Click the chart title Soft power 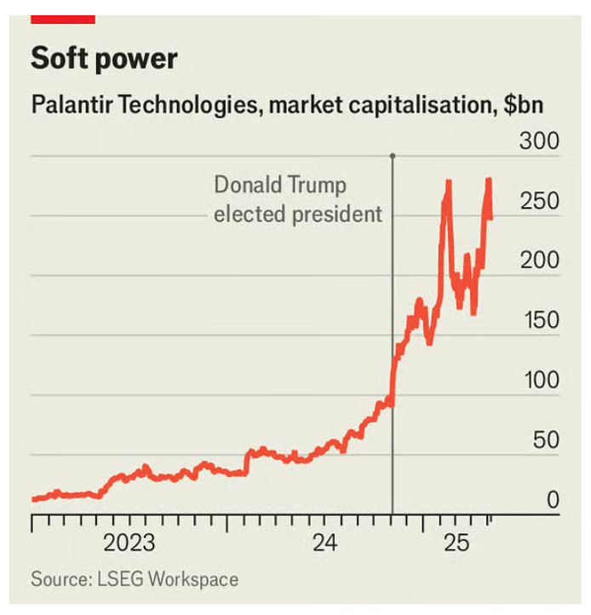point(105,59)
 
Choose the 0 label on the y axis point(553,500)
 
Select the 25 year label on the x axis point(457,543)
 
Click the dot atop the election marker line point(393,156)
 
